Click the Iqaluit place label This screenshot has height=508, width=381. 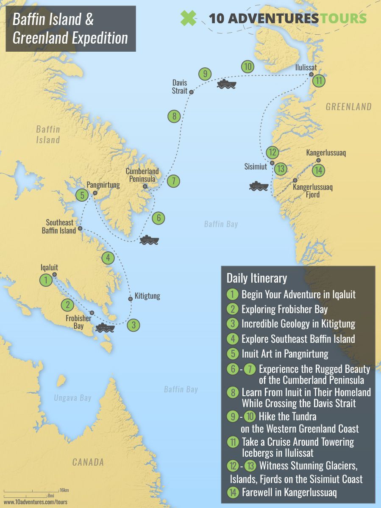click(x=49, y=267)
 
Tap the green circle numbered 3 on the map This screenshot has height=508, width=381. click(x=134, y=325)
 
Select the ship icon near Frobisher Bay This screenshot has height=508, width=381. click(x=105, y=328)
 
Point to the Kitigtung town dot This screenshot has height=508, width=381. click(x=130, y=299)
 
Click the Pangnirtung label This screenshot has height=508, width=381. click(x=103, y=185)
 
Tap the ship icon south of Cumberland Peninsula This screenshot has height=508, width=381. click(x=149, y=240)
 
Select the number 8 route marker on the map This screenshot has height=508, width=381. click(x=174, y=116)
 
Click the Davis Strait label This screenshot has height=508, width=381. click(x=179, y=87)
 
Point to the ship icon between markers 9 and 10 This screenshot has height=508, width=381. click(x=226, y=83)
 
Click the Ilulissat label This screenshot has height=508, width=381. click(x=306, y=67)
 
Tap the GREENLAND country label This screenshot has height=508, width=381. click(x=348, y=107)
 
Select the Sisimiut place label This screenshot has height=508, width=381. click(x=256, y=167)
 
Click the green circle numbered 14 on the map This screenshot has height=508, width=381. click(x=319, y=170)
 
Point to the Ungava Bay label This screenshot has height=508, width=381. click(x=73, y=398)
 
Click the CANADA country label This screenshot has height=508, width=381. click(x=88, y=462)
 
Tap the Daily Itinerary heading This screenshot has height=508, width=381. click(x=257, y=278)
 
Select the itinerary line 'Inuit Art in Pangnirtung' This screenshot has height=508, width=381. click(x=285, y=353)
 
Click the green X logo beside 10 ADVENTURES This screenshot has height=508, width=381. click(x=188, y=18)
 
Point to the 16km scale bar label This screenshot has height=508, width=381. click(x=64, y=490)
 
